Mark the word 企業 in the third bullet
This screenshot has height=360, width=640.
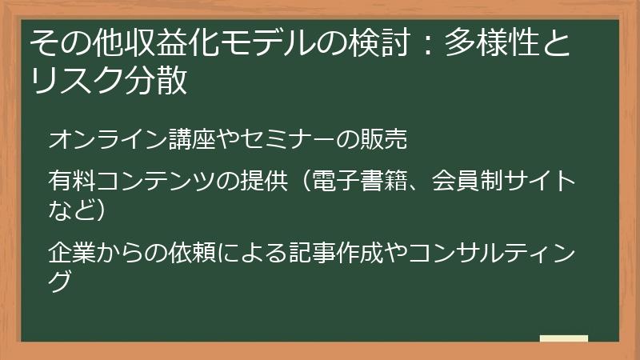(69, 253)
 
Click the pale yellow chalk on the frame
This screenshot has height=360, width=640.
(563, 338)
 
